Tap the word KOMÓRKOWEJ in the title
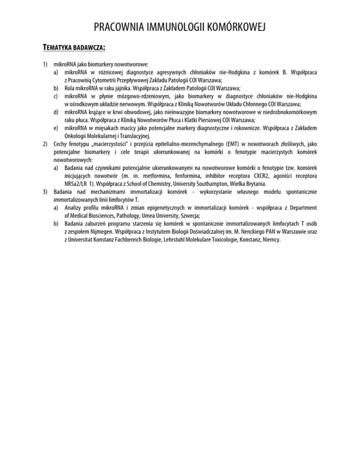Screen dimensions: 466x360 (237, 29)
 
